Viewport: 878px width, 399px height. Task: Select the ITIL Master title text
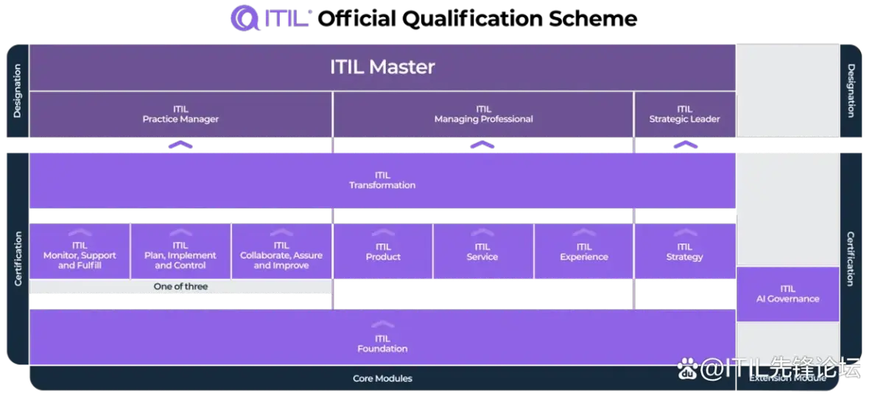pyautogui.click(x=382, y=67)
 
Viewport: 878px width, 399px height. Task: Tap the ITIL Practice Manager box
pyautogui.click(x=180, y=114)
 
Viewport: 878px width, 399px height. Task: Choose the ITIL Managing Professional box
pyautogui.click(x=483, y=114)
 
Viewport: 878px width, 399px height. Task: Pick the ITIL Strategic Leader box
pyautogui.click(x=684, y=114)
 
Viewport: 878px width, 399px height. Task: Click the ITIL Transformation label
pyautogui.click(x=382, y=181)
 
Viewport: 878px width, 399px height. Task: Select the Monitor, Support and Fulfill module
pyautogui.click(x=80, y=255)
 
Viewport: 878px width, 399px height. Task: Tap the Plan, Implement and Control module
pyautogui.click(x=180, y=255)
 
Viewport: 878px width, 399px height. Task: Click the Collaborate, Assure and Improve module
pyautogui.click(x=281, y=255)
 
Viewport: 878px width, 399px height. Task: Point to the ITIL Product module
pyautogui.click(x=383, y=252)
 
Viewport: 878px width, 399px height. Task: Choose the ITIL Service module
pyautogui.click(x=482, y=252)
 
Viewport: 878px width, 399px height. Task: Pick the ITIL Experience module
pyautogui.click(x=584, y=252)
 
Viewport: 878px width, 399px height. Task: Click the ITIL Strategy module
pyautogui.click(x=684, y=252)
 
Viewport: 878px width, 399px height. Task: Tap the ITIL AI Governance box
pyautogui.click(x=787, y=294)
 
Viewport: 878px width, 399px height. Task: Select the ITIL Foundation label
pyautogui.click(x=382, y=344)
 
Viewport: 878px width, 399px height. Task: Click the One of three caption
pyautogui.click(x=180, y=286)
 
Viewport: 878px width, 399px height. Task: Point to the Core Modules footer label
pyautogui.click(x=382, y=378)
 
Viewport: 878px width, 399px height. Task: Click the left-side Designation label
pyautogui.click(x=17, y=91)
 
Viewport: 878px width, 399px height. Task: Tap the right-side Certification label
pyautogui.click(x=851, y=259)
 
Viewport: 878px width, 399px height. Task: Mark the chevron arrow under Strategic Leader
pyautogui.click(x=684, y=145)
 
